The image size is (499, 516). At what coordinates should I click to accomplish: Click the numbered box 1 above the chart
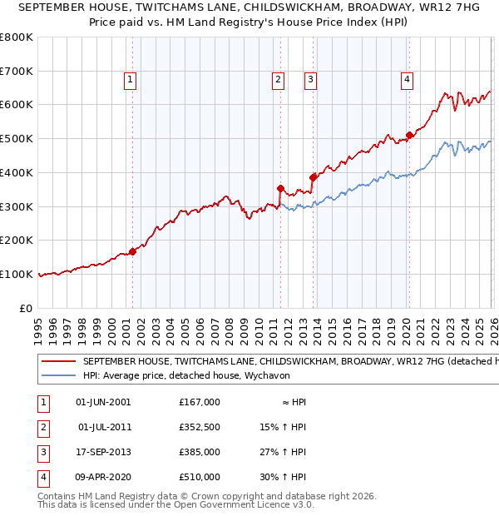click(131, 80)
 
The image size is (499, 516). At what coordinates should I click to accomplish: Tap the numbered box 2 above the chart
click(277, 80)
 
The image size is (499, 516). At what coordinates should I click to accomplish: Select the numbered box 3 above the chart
click(310, 80)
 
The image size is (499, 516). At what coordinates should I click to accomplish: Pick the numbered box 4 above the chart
click(407, 80)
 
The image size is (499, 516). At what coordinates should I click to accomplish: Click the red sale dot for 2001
click(132, 251)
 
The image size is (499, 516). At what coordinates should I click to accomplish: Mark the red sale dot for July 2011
click(280, 188)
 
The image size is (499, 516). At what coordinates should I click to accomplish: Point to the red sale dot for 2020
click(409, 135)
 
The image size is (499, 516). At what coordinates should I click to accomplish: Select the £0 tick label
click(26, 308)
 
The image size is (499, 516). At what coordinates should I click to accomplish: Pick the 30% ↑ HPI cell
click(284, 477)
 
